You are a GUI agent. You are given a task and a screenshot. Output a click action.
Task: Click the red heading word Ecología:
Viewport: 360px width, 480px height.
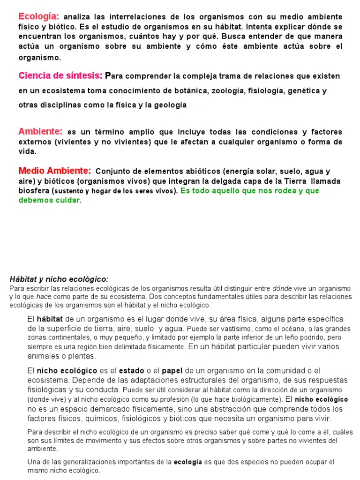(38, 16)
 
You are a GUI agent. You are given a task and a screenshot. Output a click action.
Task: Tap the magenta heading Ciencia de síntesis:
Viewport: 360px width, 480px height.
(60, 75)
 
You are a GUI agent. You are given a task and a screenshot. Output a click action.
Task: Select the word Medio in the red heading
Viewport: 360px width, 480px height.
(32, 171)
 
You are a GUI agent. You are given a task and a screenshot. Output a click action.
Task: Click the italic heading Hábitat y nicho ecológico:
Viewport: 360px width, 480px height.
(59, 279)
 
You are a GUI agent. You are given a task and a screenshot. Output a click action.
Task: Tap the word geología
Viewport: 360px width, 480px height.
(169, 105)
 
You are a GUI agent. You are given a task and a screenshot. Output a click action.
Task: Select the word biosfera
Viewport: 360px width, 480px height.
(34, 191)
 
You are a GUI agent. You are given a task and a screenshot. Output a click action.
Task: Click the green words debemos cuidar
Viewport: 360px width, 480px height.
(50, 200)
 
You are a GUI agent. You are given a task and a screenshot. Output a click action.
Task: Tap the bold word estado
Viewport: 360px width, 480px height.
(132, 371)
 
